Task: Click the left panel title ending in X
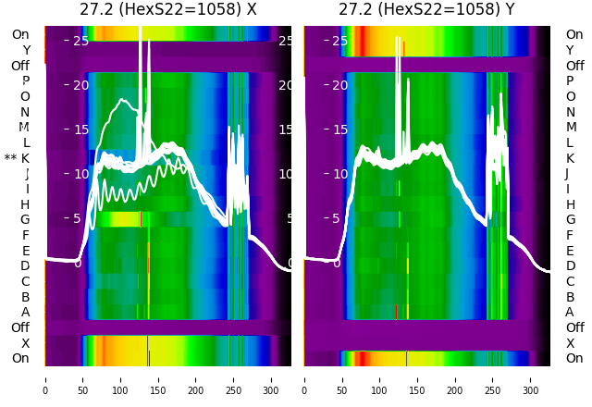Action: click(167, 10)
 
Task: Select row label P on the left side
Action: click(26, 81)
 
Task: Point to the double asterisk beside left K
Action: click(10, 159)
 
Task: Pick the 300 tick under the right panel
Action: click(531, 378)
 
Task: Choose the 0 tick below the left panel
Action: click(44, 378)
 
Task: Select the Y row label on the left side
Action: click(26, 51)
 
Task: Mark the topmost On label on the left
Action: click(20, 35)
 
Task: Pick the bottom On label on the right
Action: click(574, 359)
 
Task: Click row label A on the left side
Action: click(26, 313)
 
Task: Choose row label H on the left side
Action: click(26, 204)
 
